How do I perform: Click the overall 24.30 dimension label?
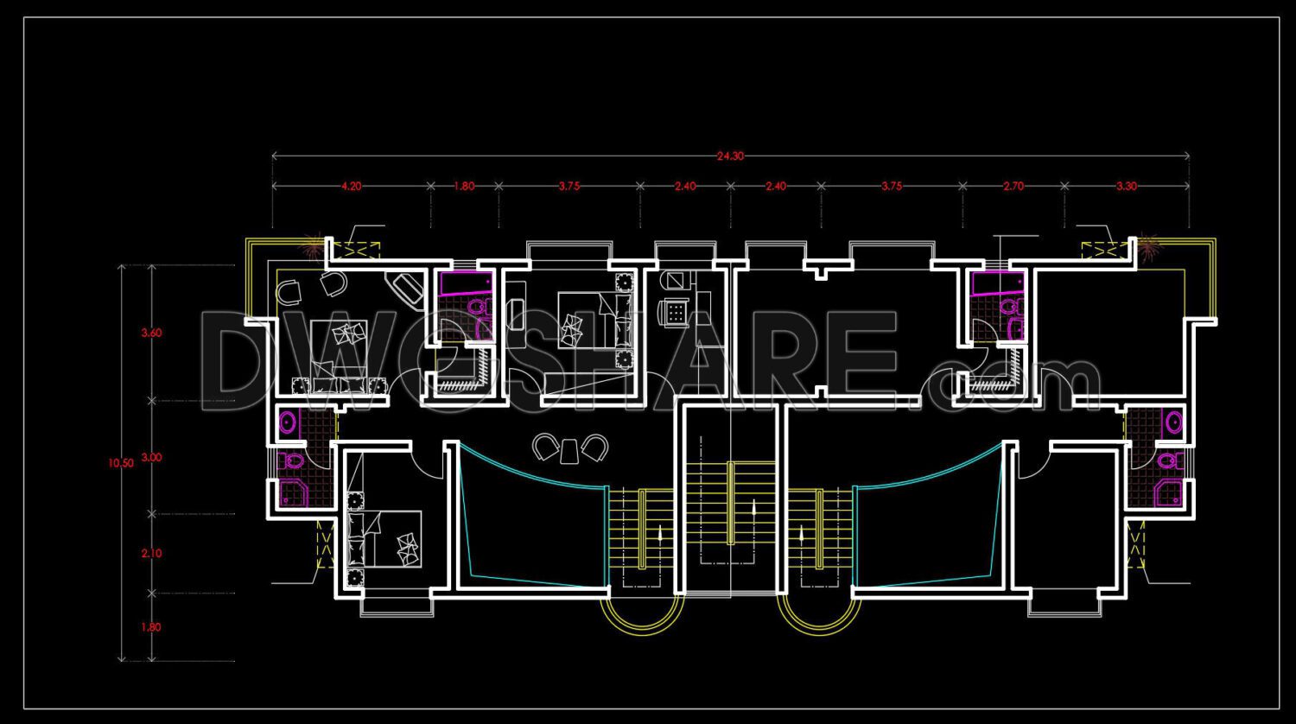[729, 156]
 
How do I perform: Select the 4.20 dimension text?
[351, 186]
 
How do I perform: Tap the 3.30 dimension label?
[1126, 186]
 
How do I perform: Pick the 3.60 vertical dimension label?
[150, 333]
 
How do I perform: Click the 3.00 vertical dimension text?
[150, 458]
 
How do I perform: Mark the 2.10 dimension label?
[150, 554]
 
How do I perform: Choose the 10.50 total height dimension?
[121, 463]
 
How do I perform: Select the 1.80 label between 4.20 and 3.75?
[464, 186]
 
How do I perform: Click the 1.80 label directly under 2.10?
[150, 627]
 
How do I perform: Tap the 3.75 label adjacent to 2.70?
[892, 186]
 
